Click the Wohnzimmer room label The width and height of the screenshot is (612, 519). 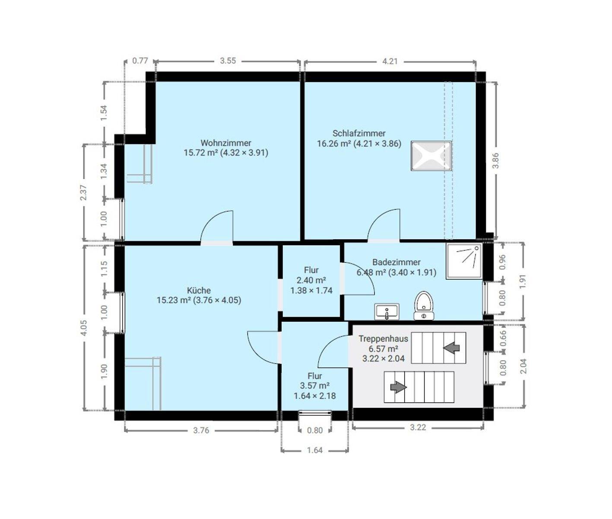pos(226,143)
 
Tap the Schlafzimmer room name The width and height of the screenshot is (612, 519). pos(359,133)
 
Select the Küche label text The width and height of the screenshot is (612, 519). pos(199,290)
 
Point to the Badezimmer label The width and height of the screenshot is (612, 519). pos(396,262)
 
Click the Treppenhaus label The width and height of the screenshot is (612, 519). pos(384,338)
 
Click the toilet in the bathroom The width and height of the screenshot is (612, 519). pos(424,305)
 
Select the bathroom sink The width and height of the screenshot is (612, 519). pos(387,312)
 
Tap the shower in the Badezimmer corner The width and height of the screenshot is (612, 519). pos(464,261)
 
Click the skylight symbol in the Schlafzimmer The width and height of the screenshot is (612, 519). pos(431,156)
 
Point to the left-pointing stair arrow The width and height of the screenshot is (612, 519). pos(451,347)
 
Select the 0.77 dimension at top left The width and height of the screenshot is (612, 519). pos(140,61)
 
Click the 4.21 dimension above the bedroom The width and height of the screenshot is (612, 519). pos(390,61)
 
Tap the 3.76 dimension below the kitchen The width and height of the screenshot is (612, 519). pos(201,430)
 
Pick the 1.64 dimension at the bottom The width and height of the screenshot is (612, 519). pos(314,450)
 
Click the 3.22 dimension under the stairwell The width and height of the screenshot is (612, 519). pos(418,427)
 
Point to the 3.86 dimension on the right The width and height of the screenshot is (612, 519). pos(495,160)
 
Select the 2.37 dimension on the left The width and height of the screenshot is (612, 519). pos(84,192)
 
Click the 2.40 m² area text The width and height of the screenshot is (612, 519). pos(311,280)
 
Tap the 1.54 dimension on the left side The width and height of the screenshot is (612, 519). pos(104,113)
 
